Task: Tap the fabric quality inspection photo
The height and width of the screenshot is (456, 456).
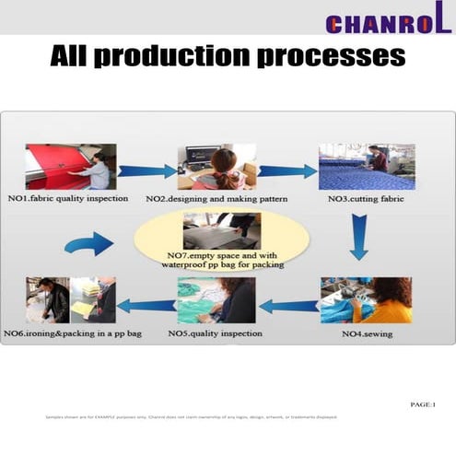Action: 70,166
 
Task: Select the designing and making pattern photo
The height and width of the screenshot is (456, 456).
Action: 216,166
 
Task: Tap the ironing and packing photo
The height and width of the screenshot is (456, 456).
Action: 70,299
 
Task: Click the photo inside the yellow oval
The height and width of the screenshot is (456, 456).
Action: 221,230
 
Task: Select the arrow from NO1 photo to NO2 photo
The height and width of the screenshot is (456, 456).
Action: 146,170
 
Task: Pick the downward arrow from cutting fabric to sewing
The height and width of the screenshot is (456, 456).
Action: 358,237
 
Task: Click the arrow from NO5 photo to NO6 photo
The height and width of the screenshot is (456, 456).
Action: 146,306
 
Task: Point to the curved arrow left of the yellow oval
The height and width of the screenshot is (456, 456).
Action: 90,244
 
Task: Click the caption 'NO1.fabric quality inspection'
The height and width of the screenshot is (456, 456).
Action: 71,198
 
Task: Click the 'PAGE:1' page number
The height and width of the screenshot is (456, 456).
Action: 423,404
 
